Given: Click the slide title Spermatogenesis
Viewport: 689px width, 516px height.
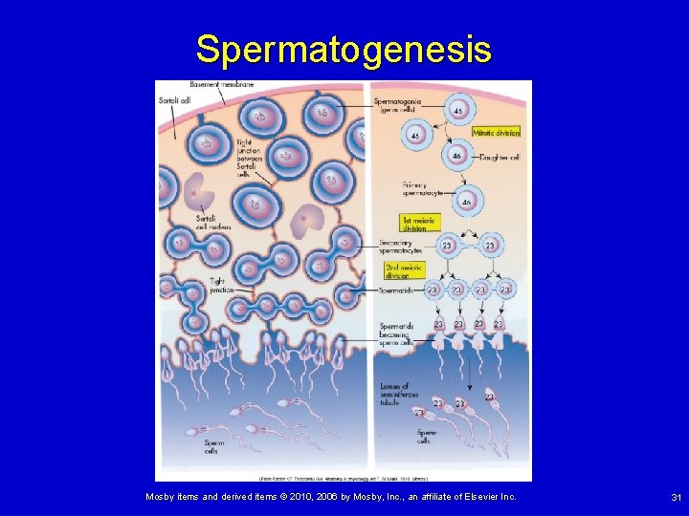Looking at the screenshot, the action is coord(344,49).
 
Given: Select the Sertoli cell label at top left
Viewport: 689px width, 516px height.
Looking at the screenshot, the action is coord(173,98).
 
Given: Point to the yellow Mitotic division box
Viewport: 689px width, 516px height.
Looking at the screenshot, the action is coord(496,133).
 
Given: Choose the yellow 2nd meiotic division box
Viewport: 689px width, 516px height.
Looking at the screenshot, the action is coord(404,270).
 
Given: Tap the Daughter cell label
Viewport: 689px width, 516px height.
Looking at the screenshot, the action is coord(498,156).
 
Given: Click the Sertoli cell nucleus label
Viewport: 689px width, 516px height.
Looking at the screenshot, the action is coord(184,221).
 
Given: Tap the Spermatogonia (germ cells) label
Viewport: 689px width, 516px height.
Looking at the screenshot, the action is coord(398,105).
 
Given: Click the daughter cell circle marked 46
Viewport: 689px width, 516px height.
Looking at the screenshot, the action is coord(456,155).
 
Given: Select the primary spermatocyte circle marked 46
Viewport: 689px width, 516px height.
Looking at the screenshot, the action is coord(466,202).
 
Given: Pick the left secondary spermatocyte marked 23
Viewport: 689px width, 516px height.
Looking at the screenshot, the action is coord(446,247).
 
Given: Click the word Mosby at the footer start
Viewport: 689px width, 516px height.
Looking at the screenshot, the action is coord(161,497).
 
